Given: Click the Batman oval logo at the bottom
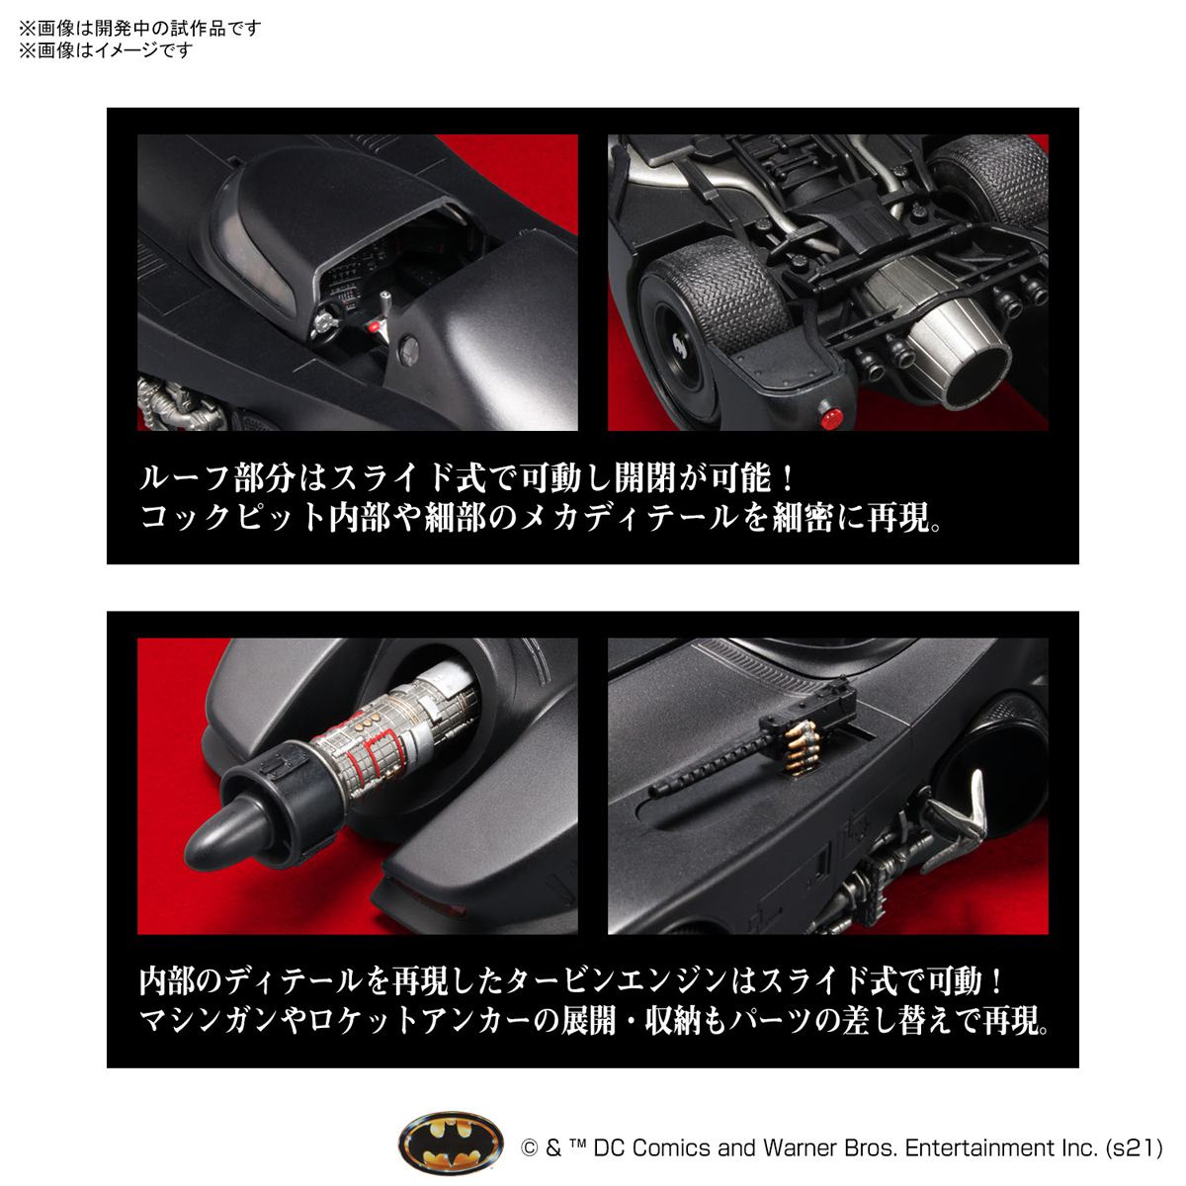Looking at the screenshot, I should [451, 1145].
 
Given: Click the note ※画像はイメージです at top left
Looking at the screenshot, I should [106, 49].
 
